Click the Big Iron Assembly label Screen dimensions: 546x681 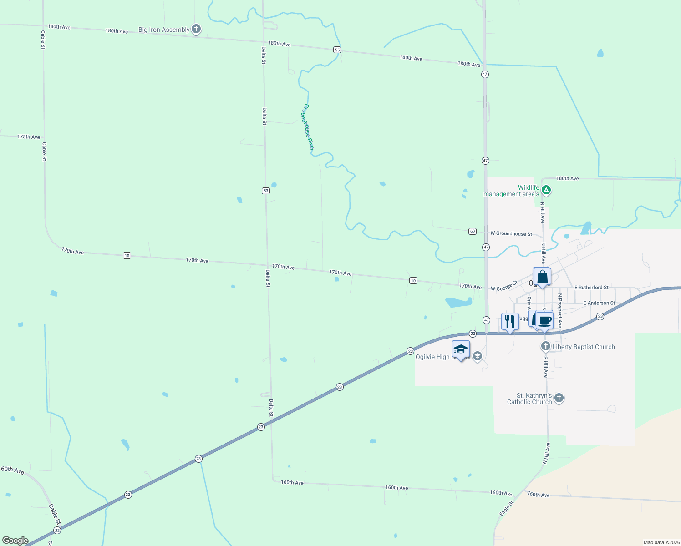click(164, 30)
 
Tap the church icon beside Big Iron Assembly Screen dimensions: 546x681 click(196, 30)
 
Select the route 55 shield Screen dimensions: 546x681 click(337, 50)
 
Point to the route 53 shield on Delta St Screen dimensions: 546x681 click(266, 191)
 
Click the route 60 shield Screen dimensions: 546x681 click(473, 231)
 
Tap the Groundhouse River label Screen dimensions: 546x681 click(308, 127)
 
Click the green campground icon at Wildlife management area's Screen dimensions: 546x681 click(546, 190)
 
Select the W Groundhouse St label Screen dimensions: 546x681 click(511, 234)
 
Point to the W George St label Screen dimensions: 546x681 click(504, 286)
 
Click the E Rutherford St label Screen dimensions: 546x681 click(591, 288)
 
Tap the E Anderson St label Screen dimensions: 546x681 click(599, 303)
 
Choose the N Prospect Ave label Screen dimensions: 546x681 click(560, 310)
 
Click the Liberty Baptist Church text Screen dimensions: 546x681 click(584, 347)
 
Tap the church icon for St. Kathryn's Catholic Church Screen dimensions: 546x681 click(559, 398)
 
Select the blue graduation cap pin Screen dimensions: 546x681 click(461, 349)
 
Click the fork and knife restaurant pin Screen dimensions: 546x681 click(510, 321)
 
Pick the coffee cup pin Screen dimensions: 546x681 click(544, 320)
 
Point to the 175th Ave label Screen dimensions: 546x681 click(29, 137)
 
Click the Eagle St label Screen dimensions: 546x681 click(506, 508)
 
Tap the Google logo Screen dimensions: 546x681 click(15, 541)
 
